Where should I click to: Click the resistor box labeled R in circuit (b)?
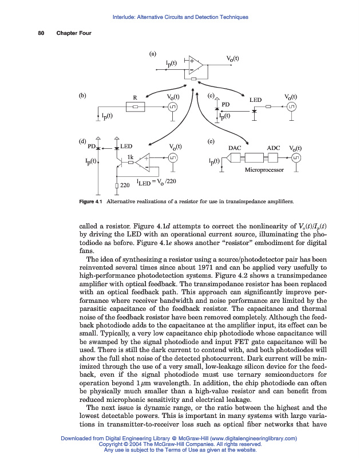click(134, 107)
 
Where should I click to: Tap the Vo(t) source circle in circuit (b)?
click(173, 107)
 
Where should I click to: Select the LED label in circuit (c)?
click(255, 100)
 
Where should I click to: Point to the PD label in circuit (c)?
click(226, 104)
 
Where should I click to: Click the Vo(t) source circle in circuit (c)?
click(292, 107)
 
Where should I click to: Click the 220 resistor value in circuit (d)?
click(125, 185)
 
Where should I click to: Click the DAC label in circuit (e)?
click(234, 148)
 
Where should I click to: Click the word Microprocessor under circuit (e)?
click(264, 170)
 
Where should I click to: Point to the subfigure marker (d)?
click(82, 141)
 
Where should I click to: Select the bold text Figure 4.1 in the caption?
click(94, 202)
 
